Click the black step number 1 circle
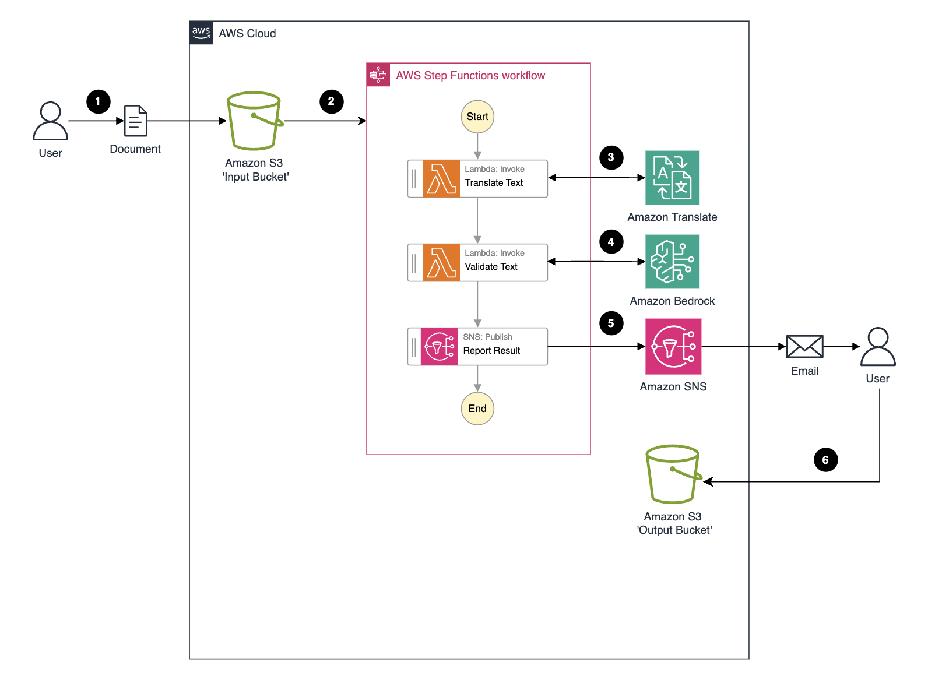(98, 101)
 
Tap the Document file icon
(135, 121)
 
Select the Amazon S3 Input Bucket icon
(254, 121)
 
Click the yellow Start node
(477, 117)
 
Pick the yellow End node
(477, 409)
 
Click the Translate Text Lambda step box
(477, 178)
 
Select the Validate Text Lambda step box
(477, 262)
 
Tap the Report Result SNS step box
(477, 346)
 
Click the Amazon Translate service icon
(672, 178)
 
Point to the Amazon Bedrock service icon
(672, 262)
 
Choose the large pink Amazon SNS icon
(673, 346)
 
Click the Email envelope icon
(804, 347)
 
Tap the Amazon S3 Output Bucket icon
(673, 474)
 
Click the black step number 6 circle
(825, 460)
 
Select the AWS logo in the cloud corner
(201, 33)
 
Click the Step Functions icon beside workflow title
(378, 75)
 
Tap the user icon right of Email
(877, 347)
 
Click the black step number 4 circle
(611, 242)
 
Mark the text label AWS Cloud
(247, 34)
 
